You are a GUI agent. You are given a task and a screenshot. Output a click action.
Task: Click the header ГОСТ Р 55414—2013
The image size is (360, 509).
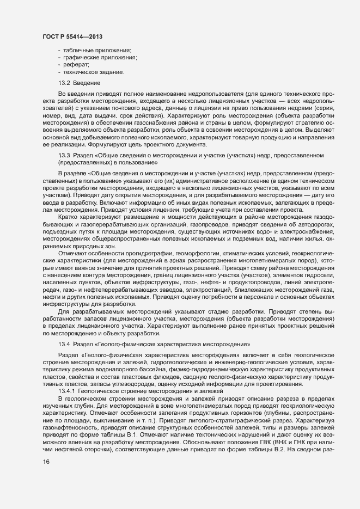pyautogui.click(x=73, y=36)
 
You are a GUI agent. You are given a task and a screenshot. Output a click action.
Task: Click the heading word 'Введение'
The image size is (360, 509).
pyautogui.click(x=87, y=82)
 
